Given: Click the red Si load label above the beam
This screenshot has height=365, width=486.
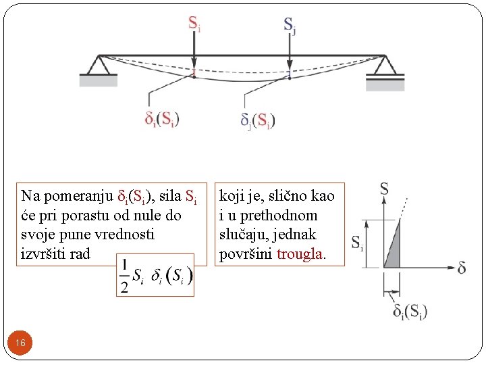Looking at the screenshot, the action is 194,25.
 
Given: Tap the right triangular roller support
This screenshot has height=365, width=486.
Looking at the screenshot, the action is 385,66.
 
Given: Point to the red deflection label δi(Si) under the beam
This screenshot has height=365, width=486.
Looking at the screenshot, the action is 162,119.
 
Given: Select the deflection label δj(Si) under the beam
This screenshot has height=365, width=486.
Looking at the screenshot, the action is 258,120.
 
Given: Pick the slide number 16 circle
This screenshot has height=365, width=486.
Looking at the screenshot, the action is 21,343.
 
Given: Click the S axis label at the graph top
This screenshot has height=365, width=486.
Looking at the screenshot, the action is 383,189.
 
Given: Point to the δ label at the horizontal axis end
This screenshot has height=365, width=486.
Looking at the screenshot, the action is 461,268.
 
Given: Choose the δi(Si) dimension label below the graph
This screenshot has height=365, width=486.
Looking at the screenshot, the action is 410,312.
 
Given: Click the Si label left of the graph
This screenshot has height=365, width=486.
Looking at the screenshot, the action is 357,242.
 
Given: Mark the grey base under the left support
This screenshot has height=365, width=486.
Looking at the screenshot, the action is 99,80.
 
